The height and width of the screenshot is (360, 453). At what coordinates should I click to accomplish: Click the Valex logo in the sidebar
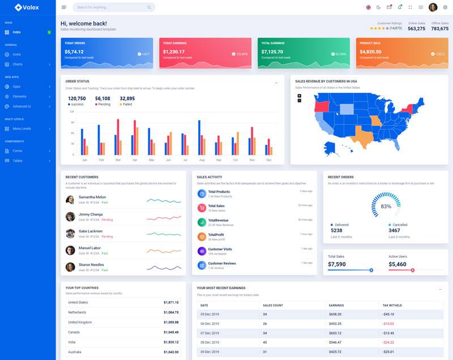pos(27,7)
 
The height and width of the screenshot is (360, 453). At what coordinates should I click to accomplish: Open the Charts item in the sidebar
pos(18,64)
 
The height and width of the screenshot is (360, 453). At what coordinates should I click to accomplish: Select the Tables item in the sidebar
pos(18,161)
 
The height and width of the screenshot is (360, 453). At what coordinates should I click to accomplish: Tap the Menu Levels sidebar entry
pos(22,128)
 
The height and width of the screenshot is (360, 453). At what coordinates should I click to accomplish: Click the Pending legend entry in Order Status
pos(103,104)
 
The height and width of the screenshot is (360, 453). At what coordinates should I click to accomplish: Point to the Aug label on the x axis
pos(202,160)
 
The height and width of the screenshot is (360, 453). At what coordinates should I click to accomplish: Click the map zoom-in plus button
pos(299,96)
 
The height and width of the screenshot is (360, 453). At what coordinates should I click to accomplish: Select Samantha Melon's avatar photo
pos(70,199)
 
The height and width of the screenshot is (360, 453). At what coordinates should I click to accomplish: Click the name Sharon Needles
pos(91,264)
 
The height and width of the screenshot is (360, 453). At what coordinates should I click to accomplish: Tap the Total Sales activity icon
pos(202,208)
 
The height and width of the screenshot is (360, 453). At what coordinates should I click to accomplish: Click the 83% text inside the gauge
pos(386,207)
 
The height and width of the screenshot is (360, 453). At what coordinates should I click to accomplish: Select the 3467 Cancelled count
pos(394,230)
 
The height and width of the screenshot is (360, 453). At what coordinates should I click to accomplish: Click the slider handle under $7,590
pos(371,270)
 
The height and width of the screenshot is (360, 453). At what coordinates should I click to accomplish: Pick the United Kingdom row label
pos(80,322)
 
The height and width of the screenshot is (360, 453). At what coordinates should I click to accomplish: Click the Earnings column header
pos(336,305)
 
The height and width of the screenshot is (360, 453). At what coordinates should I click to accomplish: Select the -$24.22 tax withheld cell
pos(388,342)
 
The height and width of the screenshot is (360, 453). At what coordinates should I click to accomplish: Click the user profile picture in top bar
pos(433,7)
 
